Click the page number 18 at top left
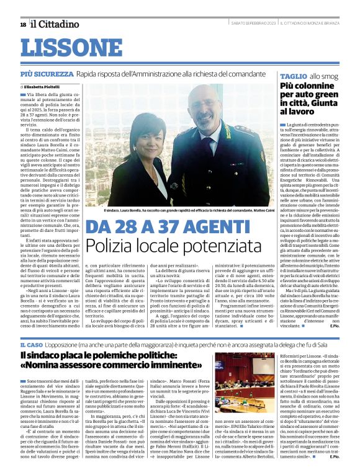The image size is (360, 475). (x=23, y=24)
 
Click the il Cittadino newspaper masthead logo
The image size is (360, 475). (x=55, y=24)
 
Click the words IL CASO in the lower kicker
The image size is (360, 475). (x=31, y=344)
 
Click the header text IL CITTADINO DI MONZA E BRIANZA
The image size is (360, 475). (x=310, y=24)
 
